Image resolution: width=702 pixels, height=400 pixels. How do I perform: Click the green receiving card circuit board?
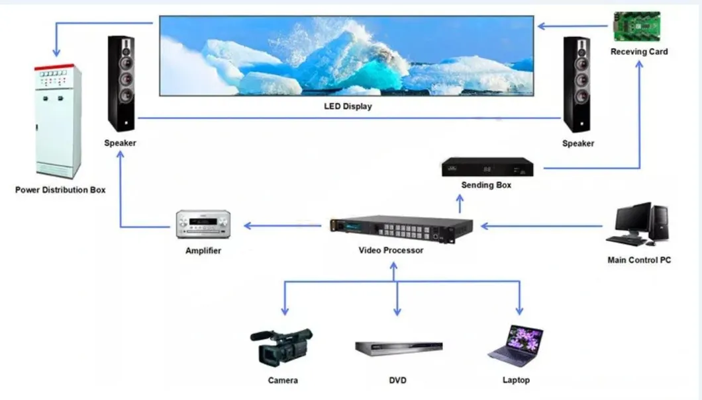636,26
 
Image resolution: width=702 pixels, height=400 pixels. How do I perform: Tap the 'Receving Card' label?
639,52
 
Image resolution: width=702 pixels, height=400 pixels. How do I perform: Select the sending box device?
488,167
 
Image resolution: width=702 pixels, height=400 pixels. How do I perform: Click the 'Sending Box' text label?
486,185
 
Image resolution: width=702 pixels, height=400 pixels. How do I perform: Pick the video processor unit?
400,229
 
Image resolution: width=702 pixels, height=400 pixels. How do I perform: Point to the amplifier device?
203,225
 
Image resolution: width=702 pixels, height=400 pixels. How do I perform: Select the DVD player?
398,348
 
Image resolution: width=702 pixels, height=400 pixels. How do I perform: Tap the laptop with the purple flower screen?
517,344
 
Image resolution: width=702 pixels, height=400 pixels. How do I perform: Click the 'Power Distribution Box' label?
60,190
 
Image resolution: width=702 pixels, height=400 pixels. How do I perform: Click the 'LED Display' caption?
348,106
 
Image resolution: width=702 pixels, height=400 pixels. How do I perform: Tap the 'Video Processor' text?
391,251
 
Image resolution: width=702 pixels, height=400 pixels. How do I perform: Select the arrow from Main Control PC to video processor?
543,226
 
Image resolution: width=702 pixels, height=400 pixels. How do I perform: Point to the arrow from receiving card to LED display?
573,26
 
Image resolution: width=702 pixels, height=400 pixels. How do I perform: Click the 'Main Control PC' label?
639,260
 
